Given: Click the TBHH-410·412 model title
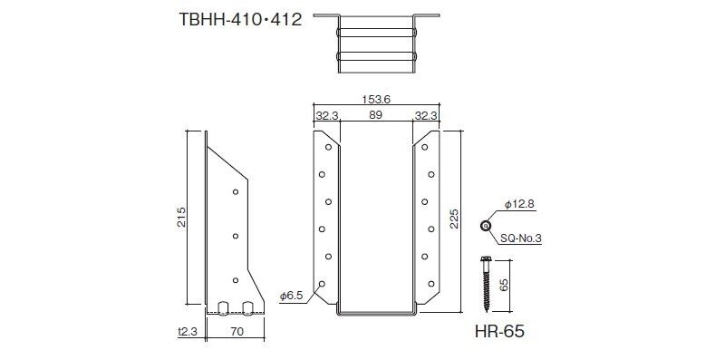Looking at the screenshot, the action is pos(240,20).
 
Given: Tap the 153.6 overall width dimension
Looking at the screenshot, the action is pos(376,99).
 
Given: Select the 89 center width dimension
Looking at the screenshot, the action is pos(376,115).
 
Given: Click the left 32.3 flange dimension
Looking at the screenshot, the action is pos(327,115).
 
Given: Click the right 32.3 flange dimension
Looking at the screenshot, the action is pos(426,115).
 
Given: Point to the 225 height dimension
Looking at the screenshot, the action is pos(454,219).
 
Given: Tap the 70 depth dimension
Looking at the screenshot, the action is pos(236,332).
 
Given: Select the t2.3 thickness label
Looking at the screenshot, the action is pos(188,332).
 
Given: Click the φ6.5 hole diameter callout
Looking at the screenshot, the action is pos(291,297).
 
